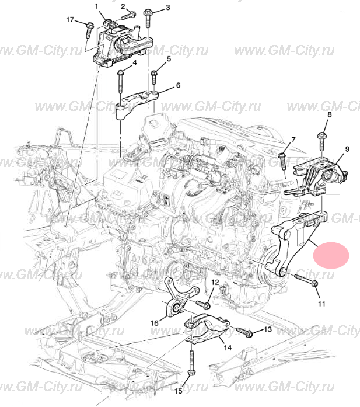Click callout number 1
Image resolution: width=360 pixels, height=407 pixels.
[x=97, y=6]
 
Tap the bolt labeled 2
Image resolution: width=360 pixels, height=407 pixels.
[x=128, y=15]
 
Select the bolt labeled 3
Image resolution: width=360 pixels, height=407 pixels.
[x=148, y=18]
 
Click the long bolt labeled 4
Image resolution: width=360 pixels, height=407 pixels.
[x=121, y=81]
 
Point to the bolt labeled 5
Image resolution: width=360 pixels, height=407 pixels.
[x=154, y=77]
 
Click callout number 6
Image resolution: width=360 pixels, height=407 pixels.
[x=178, y=85]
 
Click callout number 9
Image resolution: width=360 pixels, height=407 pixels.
[x=347, y=149]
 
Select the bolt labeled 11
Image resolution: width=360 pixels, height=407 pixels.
[x=306, y=280]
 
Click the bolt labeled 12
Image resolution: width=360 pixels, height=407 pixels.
[x=203, y=305]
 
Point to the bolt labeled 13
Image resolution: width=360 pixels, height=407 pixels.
[x=244, y=332]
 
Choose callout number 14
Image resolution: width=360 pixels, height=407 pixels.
[x=228, y=347]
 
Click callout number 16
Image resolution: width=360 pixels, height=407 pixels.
[x=154, y=323]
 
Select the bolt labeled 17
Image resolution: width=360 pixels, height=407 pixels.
[x=89, y=30]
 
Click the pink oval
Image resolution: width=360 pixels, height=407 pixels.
[x=331, y=255]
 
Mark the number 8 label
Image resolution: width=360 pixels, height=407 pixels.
[x=330, y=114]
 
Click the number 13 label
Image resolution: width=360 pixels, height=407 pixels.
[x=268, y=329]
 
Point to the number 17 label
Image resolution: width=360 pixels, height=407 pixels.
[x=70, y=19]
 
